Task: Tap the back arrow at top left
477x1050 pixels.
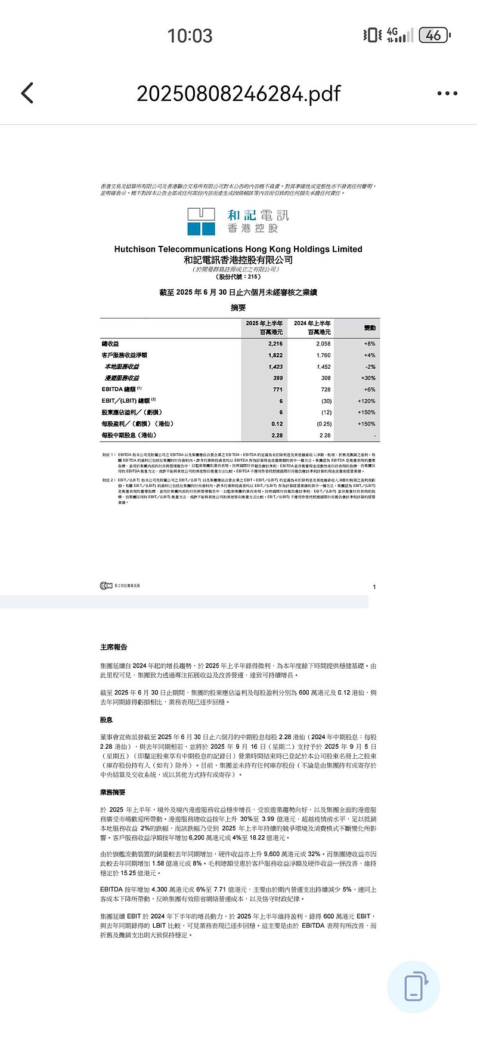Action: coord(27,93)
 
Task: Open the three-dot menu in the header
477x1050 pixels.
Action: coord(447,93)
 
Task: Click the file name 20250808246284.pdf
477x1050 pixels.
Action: coord(238,94)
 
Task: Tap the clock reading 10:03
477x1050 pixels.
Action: coord(190,36)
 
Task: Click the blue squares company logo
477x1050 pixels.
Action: coord(201,221)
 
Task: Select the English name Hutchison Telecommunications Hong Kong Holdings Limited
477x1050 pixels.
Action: coord(238,249)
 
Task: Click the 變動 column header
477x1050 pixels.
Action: coord(370,328)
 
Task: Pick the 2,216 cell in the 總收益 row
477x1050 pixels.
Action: coord(275,344)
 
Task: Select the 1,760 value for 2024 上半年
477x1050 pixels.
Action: coord(323,355)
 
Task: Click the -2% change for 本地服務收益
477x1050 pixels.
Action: coord(370,367)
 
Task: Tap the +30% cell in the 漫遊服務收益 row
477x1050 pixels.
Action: coord(368,378)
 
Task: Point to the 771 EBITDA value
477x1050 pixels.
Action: coord(277,390)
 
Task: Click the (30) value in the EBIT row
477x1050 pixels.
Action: coord(326,401)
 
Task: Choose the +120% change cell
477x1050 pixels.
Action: coord(367,401)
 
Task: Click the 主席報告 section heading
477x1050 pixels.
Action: coord(114,647)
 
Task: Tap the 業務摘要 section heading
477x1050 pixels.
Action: coord(113,792)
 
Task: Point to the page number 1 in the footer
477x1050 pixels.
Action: coord(374,587)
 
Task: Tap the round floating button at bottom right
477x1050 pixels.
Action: coord(413,987)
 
